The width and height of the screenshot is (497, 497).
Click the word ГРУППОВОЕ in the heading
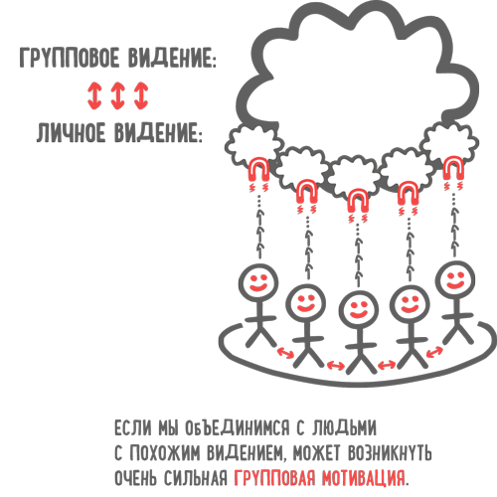(69, 58)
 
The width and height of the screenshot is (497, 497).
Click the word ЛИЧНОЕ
(70, 132)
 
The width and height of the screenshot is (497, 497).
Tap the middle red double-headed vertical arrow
(117, 95)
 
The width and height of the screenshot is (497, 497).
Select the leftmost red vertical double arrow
(94, 95)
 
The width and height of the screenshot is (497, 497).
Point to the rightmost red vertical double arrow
(141, 95)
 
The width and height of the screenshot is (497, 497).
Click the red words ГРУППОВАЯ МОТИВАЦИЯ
(320, 477)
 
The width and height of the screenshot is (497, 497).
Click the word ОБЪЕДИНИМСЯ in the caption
(237, 427)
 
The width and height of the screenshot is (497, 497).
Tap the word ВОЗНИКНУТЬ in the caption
(390, 452)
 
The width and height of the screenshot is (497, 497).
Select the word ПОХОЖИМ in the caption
(165, 452)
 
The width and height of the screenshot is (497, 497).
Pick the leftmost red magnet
(258, 169)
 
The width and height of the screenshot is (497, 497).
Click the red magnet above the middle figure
(358, 201)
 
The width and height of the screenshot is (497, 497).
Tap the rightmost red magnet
(453, 168)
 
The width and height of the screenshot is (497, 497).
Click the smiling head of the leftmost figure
(258, 282)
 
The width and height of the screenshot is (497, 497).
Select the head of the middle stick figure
(359, 310)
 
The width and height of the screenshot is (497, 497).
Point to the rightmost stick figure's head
(455, 280)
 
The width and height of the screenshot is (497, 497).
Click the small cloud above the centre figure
(354, 176)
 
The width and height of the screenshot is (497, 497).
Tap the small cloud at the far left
(252, 145)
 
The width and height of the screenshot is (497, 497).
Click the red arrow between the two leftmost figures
(285, 352)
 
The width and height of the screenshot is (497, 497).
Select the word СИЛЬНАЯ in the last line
(196, 477)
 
